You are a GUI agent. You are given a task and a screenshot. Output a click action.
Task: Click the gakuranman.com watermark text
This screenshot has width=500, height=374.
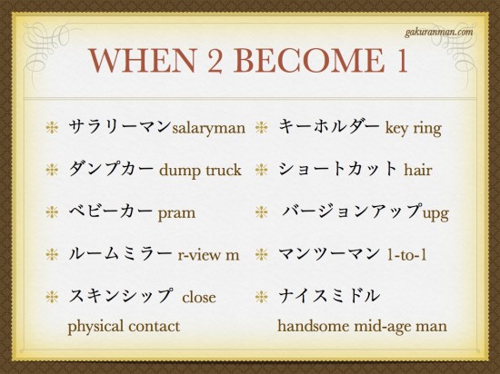point(439,33)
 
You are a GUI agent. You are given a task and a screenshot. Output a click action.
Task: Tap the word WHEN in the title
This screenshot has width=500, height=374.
point(142,61)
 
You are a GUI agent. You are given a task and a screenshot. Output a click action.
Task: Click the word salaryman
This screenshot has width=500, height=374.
point(208,129)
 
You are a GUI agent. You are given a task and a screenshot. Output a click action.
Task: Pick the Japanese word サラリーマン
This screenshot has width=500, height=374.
point(120,126)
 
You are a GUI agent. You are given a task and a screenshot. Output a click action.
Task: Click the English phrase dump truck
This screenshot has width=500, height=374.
point(200,171)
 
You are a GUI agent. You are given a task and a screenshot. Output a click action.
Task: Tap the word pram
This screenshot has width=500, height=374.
point(176,213)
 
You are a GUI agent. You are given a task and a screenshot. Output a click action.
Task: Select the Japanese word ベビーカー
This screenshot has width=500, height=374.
point(111,211)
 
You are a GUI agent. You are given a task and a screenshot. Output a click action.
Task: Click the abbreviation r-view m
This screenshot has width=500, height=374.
point(208,255)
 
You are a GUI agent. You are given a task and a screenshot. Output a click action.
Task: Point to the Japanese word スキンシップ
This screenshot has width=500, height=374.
point(120,295)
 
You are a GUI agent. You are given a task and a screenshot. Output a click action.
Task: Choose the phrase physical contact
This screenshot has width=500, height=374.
point(124,327)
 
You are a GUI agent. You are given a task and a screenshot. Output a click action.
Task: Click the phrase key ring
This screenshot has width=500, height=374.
point(414,129)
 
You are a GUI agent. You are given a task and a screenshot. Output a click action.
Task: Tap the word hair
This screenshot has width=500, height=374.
point(418,170)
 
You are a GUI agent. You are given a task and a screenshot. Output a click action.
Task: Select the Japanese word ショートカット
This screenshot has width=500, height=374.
point(337,169)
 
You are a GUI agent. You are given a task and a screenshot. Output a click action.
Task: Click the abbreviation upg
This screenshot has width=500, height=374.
point(435,213)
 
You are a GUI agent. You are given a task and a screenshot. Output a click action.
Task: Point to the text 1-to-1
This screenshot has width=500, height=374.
point(406,255)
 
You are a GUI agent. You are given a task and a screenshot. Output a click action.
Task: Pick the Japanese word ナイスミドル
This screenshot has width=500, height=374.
point(329,295)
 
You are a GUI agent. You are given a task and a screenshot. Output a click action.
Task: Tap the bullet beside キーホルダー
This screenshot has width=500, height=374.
point(262,128)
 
